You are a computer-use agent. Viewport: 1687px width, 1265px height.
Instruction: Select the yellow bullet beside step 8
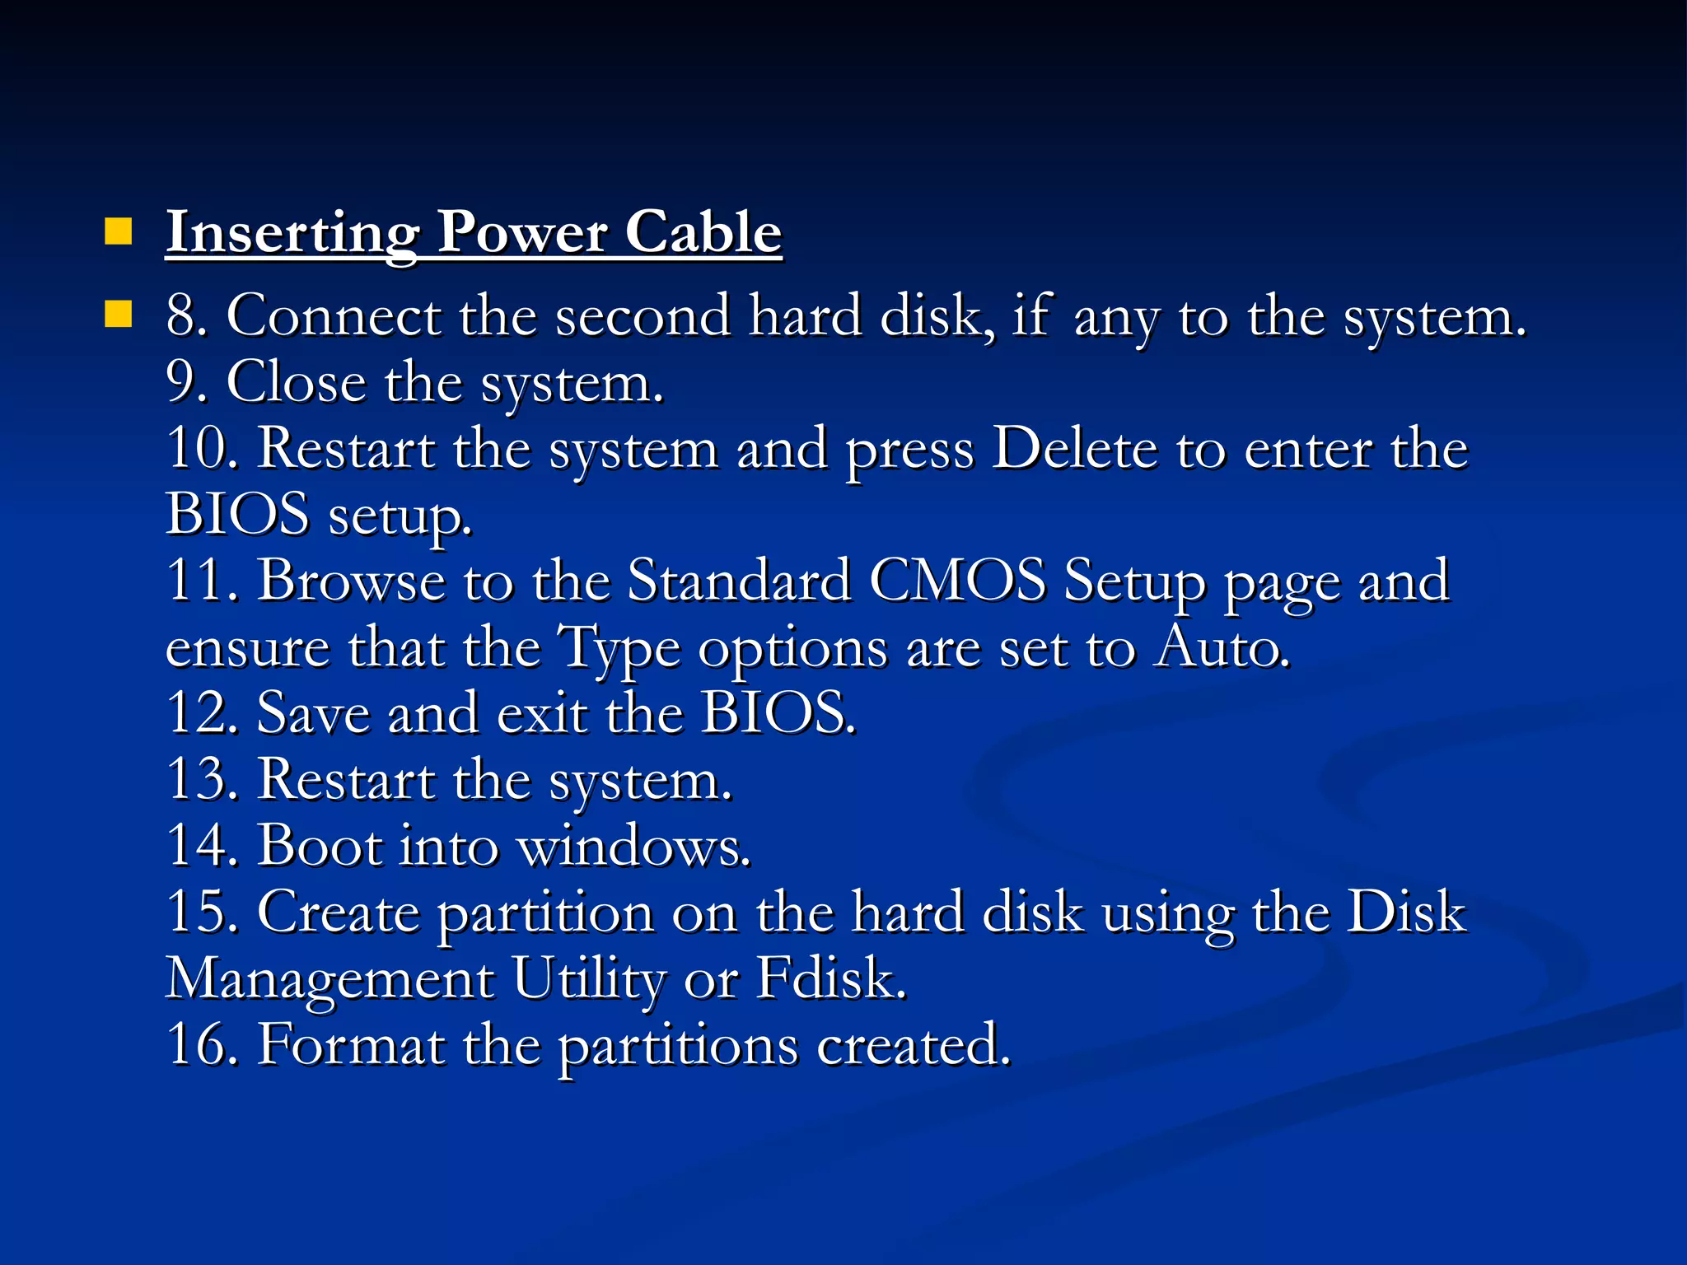tap(119, 314)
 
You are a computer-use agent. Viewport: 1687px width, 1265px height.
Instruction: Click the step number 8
tap(183, 316)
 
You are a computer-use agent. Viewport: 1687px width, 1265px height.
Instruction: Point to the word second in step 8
tap(643, 316)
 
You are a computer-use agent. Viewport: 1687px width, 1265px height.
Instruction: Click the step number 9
tap(183, 382)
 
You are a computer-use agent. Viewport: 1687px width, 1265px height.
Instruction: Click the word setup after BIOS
tap(400, 517)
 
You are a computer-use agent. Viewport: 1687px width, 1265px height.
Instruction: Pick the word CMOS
tap(957, 581)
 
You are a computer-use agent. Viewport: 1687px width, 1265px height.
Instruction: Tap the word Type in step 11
tap(619, 649)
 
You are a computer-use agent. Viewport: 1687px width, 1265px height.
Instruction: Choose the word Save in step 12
tap(313, 713)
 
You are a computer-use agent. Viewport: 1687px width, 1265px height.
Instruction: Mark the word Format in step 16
tap(351, 1045)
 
